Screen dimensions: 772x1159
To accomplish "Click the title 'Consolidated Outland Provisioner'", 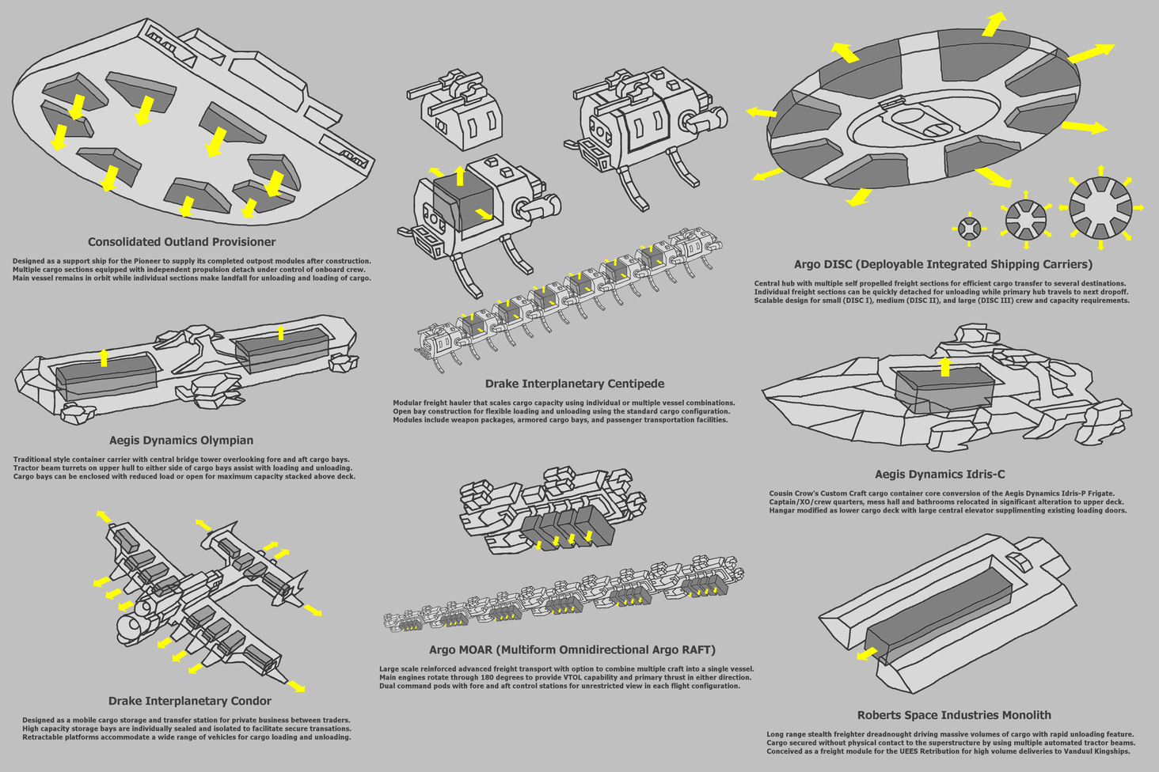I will (x=181, y=242).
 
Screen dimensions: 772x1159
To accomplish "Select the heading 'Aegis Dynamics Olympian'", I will (x=181, y=441).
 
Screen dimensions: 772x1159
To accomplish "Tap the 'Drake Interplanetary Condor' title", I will (x=189, y=701).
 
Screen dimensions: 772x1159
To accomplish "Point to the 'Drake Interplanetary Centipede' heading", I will (x=574, y=384).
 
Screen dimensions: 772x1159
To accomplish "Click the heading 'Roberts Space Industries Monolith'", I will (x=954, y=715).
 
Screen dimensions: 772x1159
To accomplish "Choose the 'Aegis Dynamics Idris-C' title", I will (x=940, y=475).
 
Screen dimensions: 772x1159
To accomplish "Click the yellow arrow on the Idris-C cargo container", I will (x=944, y=366).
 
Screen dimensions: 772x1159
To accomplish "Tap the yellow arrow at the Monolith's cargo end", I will (x=867, y=653).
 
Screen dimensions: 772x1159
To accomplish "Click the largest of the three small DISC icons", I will (x=1100, y=207).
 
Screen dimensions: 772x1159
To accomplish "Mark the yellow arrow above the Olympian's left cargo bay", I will (x=103, y=358).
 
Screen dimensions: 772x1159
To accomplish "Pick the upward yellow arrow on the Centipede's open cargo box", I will (x=460, y=176).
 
